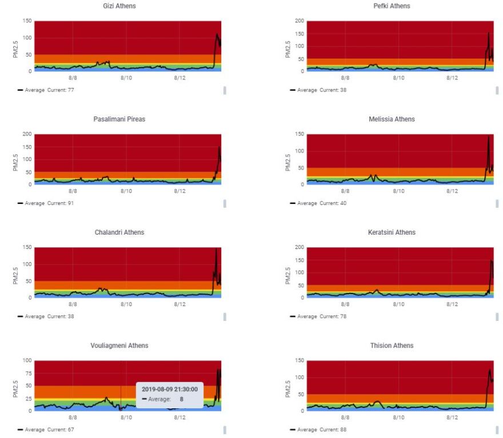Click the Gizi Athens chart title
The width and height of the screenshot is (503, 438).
(x=119, y=6)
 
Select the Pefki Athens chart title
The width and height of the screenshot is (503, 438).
(x=392, y=6)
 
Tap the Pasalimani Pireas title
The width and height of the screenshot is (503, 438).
(x=119, y=119)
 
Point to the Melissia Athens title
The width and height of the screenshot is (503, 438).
(x=392, y=119)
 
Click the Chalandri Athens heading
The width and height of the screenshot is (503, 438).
(x=119, y=232)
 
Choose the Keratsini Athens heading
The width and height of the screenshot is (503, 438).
(x=392, y=232)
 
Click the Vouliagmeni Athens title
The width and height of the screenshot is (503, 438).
(x=119, y=345)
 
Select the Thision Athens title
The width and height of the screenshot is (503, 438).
(x=392, y=345)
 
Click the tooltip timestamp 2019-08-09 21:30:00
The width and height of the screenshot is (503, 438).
(x=169, y=389)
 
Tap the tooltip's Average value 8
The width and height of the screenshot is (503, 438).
(x=182, y=399)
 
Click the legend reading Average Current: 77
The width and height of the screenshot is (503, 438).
(x=49, y=90)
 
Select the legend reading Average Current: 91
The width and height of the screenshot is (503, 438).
(x=49, y=203)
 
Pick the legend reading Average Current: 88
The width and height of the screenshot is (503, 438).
(x=322, y=429)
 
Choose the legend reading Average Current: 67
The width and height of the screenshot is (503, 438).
(x=49, y=429)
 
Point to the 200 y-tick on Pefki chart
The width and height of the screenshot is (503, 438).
(x=299, y=21)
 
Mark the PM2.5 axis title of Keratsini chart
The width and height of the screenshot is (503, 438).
(x=289, y=272)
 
